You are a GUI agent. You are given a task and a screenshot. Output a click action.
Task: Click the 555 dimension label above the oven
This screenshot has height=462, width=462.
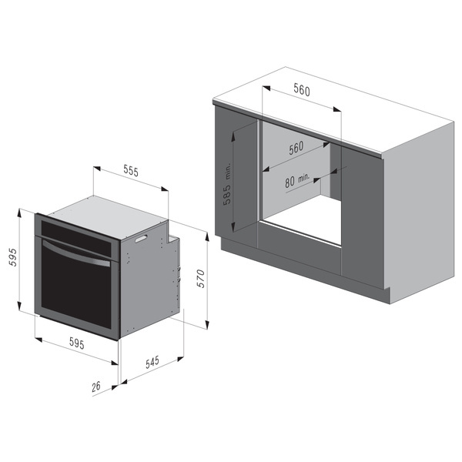131,171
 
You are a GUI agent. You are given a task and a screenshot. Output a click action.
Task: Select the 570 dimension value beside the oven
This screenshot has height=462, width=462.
201,279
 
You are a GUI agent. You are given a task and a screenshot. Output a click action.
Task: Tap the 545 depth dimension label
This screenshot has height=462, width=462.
152,362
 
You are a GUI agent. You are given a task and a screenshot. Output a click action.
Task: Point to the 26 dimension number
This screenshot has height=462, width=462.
96,387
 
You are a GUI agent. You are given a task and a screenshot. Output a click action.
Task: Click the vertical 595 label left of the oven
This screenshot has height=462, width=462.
13,257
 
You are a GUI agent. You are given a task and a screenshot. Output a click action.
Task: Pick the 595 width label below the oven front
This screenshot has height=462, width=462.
76,343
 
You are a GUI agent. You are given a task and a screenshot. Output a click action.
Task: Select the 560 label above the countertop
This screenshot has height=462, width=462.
302,89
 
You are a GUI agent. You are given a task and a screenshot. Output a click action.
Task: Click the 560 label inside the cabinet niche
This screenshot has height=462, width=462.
296,148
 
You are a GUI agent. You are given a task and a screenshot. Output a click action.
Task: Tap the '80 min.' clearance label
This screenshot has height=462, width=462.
297,179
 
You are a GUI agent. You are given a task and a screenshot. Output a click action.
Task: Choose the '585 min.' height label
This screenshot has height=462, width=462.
228,184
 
